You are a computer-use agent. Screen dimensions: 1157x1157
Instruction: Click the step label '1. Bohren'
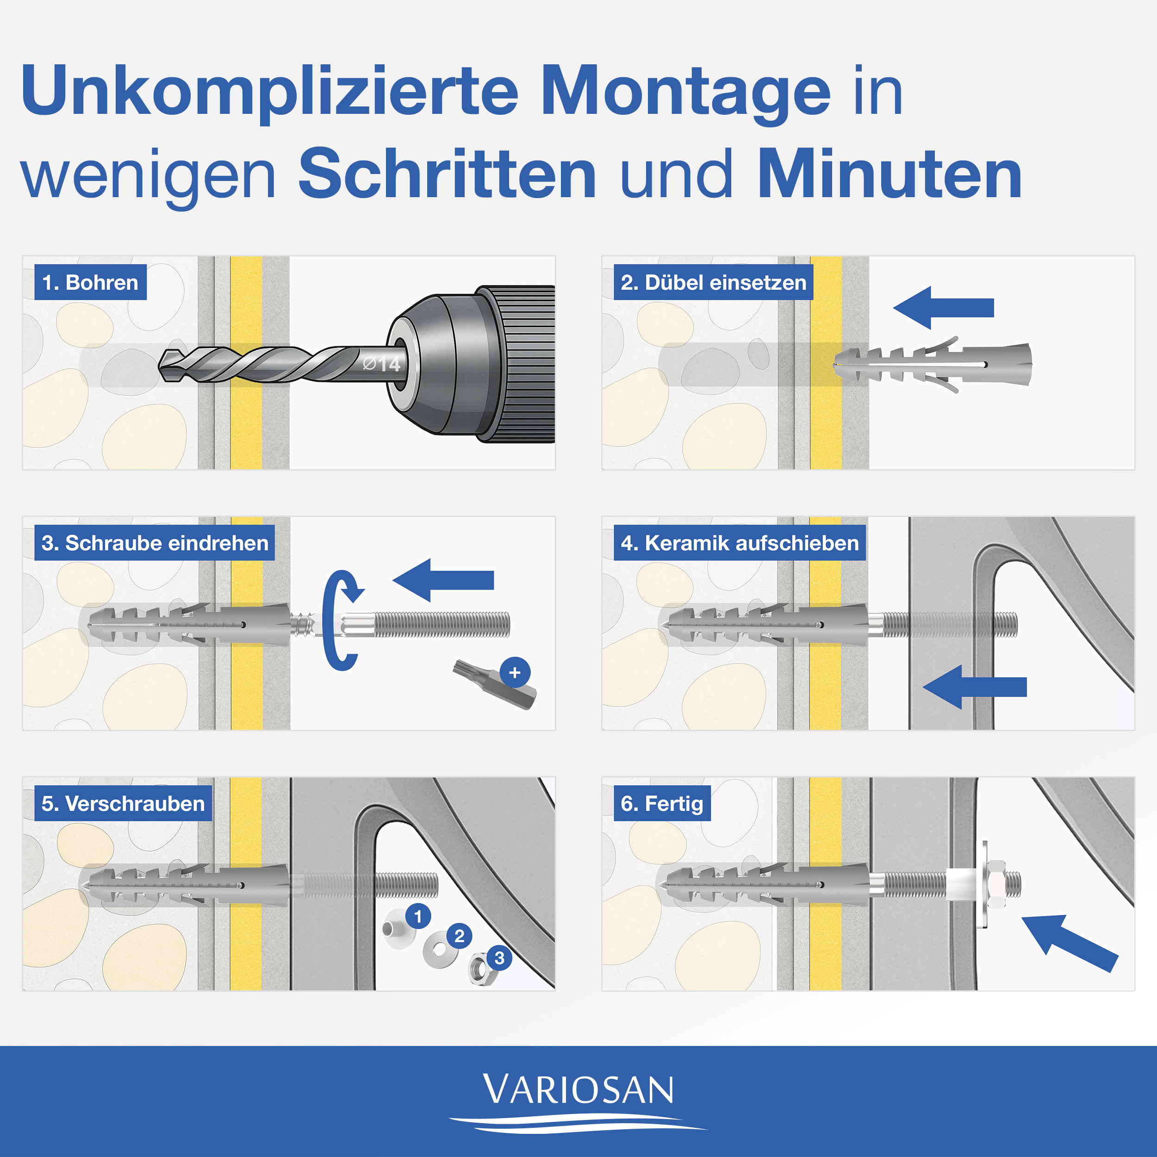(90, 282)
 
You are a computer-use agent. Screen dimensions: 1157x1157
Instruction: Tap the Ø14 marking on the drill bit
(381, 363)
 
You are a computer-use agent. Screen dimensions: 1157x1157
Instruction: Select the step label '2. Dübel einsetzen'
(713, 282)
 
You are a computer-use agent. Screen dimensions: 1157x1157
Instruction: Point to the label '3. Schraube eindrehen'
(155, 542)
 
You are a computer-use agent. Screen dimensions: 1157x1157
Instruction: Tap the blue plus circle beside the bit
(515, 672)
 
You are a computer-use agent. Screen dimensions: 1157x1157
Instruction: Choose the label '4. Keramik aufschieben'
(740, 542)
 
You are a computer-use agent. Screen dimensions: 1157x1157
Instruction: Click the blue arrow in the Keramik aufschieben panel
(973, 687)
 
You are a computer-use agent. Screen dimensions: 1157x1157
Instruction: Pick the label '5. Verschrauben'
(123, 803)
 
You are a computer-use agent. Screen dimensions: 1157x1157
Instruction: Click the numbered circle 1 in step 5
(418, 916)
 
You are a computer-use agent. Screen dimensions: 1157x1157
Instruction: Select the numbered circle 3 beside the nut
(499, 958)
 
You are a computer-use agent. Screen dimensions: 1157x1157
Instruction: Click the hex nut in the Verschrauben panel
(479, 966)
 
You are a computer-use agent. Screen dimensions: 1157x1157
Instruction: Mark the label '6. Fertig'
(662, 803)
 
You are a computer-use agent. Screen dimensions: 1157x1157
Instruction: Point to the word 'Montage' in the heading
(686, 91)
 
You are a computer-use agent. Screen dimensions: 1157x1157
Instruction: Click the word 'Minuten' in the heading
(890, 175)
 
